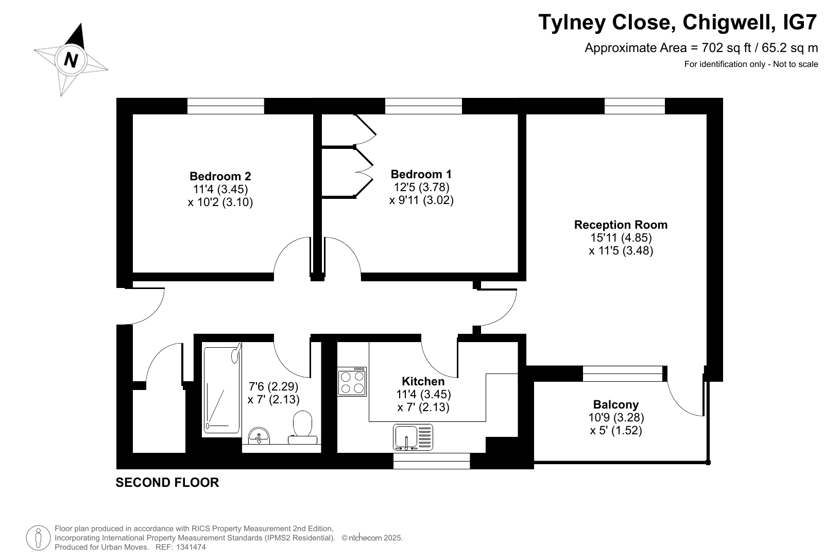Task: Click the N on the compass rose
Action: [71, 60]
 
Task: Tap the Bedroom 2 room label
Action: [220, 176]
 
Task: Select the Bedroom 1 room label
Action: [421, 174]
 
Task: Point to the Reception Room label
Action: [621, 225]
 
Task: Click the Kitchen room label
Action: [423, 381]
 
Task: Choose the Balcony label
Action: [616, 404]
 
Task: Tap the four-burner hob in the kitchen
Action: [352, 381]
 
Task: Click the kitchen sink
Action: [413, 437]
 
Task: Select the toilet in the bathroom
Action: [303, 428]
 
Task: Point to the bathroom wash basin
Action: [259, 436]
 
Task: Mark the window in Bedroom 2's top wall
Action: [226, 106]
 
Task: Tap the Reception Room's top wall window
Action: [635, 106]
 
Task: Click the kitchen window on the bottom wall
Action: [432, 461]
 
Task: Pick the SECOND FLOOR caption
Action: [167, 482]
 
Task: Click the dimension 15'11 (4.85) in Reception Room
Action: [621, 237]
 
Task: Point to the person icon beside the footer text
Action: [38, 538]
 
